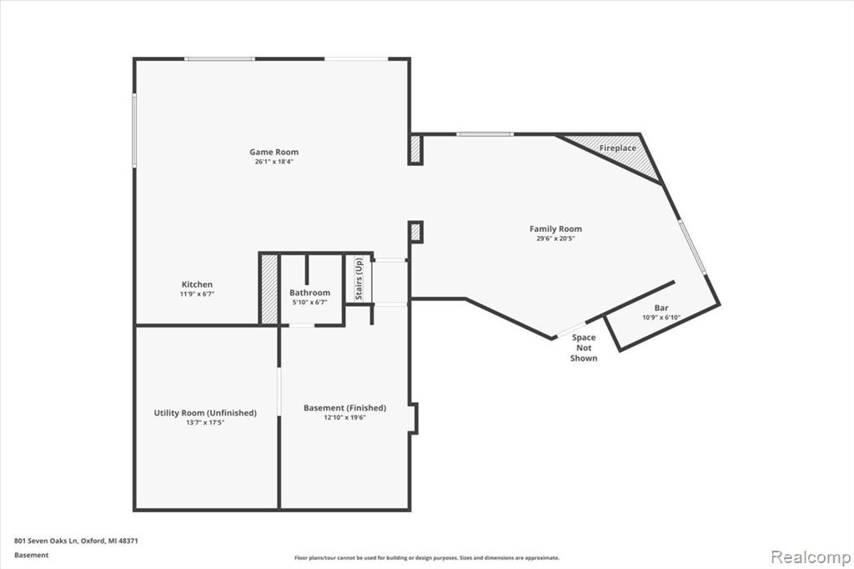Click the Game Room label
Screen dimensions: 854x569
point(274,152)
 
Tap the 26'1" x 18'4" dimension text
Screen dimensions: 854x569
point(274,162)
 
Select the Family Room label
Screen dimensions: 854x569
point(555,229)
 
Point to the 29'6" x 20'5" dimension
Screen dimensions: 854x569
point(555,239)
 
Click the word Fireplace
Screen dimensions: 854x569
point(618,149)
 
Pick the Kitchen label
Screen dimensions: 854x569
point(197,284)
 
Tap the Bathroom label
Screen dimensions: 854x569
point(310,293)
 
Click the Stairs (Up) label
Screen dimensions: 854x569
point(359,279)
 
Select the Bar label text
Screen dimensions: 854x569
point(661,308)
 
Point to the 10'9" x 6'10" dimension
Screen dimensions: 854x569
point(661,317)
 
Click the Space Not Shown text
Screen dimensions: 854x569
point(584,348)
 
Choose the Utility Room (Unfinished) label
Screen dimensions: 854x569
point(205,413)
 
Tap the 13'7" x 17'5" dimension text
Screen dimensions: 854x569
point(205,422)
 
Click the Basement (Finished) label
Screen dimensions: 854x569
point(344,408)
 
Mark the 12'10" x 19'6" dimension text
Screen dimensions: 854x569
point(344,417)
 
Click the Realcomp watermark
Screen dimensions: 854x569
point(811,557)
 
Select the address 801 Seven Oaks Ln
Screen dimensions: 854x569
point(47,541)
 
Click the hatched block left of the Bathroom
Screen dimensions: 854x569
point(269,289)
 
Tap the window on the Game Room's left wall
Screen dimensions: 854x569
point(134,129)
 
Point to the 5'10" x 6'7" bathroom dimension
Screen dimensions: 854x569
point(310,303)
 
